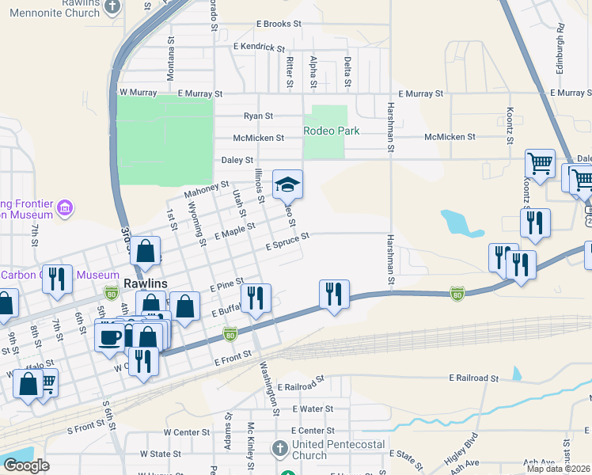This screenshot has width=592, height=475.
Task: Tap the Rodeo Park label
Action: coord(332,131)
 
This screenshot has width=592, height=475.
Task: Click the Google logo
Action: coord(26,465)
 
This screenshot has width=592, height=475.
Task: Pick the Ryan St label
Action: coord(258,116)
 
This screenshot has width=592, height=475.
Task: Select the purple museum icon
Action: coord(65,208)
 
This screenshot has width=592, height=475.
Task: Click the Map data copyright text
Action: coord(558,469)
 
